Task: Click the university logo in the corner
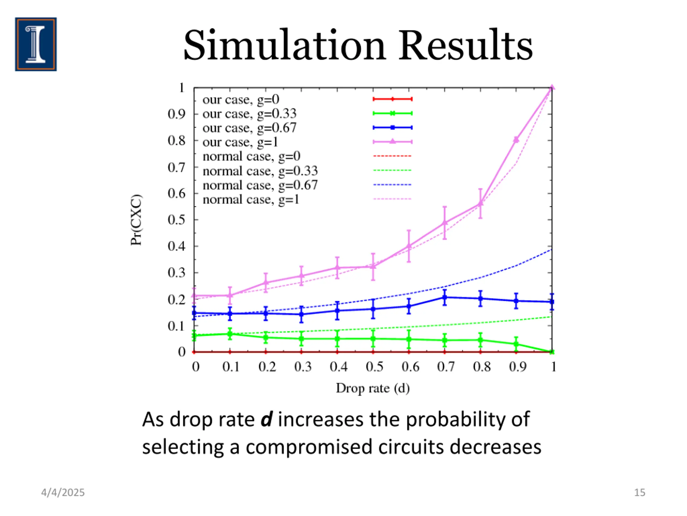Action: pos(36,44)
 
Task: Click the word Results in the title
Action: pos(466,45)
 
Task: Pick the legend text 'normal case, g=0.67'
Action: pos(260,185)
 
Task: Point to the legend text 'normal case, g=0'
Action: pos(251,156)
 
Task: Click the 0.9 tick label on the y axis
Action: pos(176,114)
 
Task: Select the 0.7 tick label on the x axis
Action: pos(446,367)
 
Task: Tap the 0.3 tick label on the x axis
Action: pos(303,367)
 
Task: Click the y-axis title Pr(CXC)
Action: pos(136,220)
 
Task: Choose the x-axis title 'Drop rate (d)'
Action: pos(373,388)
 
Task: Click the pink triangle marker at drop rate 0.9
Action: pos(516,140)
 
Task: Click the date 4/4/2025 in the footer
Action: pos(63,493)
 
